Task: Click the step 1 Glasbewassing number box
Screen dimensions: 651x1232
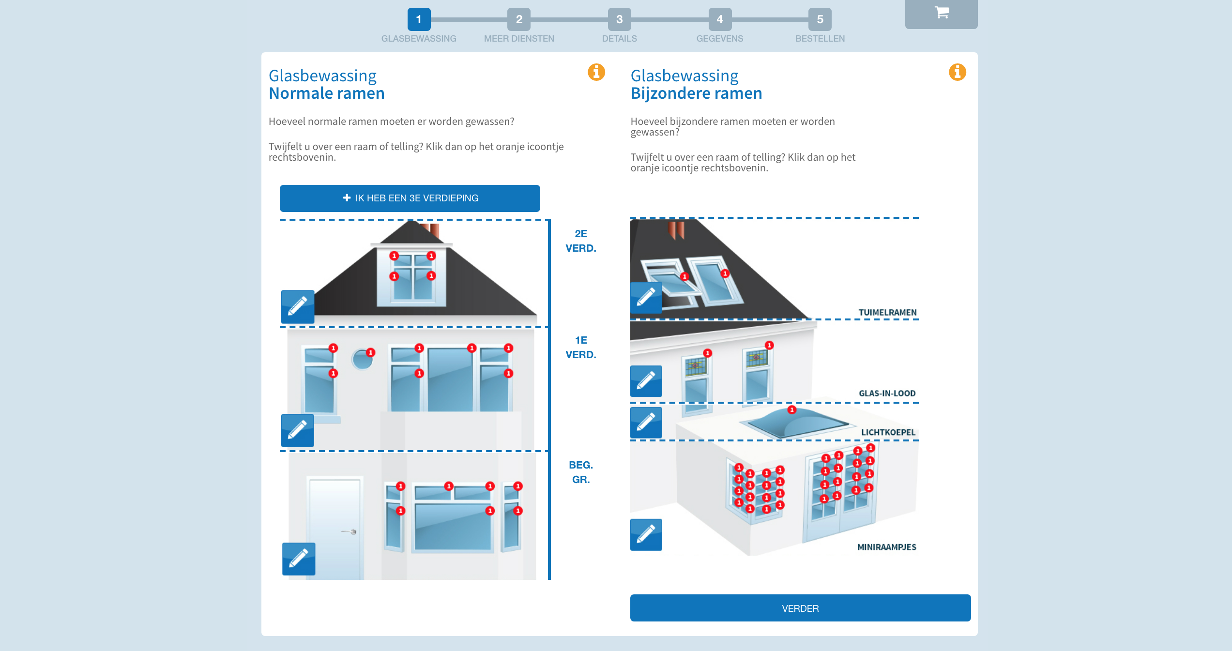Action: click(419, 19)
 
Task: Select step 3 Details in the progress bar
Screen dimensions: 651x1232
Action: click(619, 19)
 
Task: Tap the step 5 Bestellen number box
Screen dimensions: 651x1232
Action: click(820, 19)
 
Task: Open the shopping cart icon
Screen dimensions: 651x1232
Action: click(941, 13)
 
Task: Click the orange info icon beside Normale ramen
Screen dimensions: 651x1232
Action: click(596, 72)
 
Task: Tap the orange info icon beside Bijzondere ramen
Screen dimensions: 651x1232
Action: click(957, 72)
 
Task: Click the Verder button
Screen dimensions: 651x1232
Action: click(800, 608)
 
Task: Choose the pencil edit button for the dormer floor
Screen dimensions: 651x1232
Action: click(297, 306)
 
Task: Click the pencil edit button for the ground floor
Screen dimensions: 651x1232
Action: click(298, 559)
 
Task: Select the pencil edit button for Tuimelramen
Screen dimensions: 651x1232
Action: click(646, 297)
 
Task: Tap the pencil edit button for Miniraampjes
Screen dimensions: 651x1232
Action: click(646, 534)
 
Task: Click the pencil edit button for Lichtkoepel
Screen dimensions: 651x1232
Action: click(646, 422)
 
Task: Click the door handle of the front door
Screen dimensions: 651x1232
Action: click(353, 531)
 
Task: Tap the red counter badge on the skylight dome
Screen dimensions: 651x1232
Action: click(791, 410)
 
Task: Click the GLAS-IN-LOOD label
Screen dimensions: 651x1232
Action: click(887, 394)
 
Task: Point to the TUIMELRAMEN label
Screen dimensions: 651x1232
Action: click(887, 313)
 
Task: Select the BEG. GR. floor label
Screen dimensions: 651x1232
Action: click(580, 472)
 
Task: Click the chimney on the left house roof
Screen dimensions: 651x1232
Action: click(431, 229)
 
